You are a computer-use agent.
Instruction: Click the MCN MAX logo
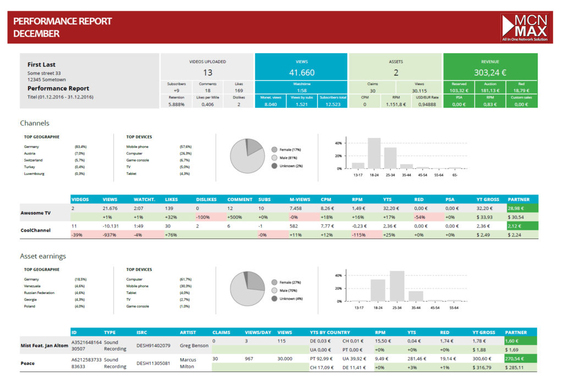[x=524, y=27]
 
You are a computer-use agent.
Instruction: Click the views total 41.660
[x=301, y=73]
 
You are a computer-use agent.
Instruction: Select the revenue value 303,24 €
[x=490, y=73]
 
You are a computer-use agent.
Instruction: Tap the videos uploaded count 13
[x=207, y=73]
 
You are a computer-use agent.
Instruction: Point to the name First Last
[x=42, y=64]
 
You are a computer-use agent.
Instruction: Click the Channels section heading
[x=35, y=123]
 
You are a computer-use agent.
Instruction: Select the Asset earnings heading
[x=43, y=256]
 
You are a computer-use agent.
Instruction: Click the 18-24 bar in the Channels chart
[x=374, y=153]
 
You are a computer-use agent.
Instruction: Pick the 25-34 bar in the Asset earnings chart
[x=397, y=286]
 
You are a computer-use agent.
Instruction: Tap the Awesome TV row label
[x=36, y=212]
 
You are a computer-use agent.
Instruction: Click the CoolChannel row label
[x=36, y=230]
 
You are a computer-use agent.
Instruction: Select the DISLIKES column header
[x=206, y=199]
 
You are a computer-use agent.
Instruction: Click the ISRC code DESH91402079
[x=153, y=346]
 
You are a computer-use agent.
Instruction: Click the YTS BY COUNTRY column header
[x=330, y=332]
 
